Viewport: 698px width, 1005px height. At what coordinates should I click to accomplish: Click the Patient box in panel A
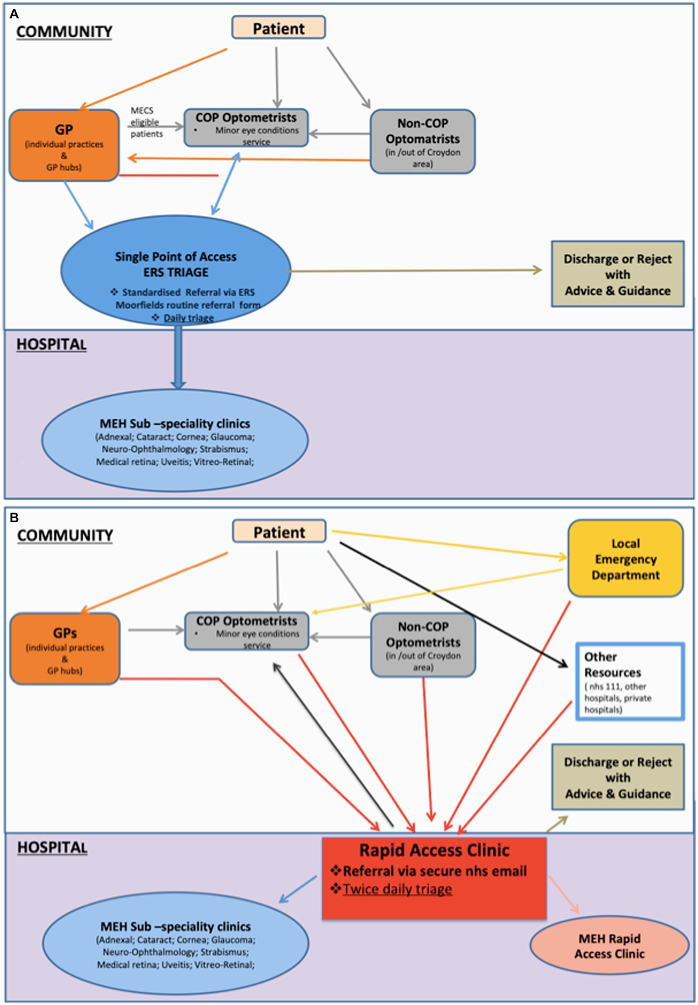pos(278,28)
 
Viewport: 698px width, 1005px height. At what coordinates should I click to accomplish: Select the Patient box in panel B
pos(279,532)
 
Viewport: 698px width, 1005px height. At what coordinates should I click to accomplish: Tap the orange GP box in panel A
pos(64,146)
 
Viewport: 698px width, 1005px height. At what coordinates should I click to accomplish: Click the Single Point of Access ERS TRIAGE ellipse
pos(176,271)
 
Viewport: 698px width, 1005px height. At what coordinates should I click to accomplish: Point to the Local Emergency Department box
pos(625,558)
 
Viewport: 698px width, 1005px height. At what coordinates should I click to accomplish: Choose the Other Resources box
pos(629,682)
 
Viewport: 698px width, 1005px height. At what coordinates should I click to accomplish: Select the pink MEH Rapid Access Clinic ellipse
pos(609,946)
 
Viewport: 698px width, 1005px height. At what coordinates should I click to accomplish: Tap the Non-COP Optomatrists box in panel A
pos(422,141)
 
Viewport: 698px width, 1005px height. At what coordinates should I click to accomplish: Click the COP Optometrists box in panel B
pos(247,631)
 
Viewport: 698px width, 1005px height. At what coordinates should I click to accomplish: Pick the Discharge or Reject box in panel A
pos(617,274)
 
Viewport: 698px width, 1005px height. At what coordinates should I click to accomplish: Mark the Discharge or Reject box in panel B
pos(617,777)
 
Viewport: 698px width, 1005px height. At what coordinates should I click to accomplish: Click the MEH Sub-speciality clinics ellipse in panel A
pos(174,441)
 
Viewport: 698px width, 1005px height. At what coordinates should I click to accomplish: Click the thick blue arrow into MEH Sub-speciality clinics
pos(179,358)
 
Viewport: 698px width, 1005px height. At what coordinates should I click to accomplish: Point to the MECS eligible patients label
pos(145,122)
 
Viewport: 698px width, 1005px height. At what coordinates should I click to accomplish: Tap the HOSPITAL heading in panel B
pos(52,847)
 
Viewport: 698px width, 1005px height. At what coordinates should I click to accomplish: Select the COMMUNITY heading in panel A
pos(64,31)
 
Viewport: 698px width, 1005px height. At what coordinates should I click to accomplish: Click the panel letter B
pos(14,517)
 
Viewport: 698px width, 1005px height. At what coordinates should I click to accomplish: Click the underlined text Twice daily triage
pos(397,889)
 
